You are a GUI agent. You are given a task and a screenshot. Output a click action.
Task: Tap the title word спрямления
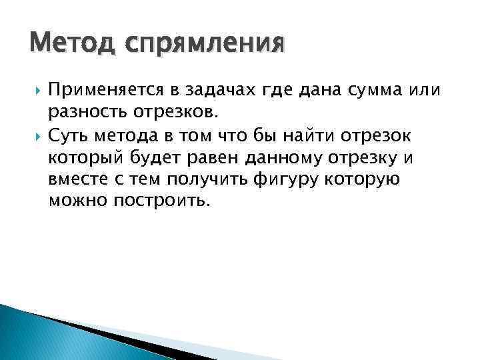[193, 45]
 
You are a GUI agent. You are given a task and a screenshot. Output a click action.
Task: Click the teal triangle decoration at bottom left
[40, 337]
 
